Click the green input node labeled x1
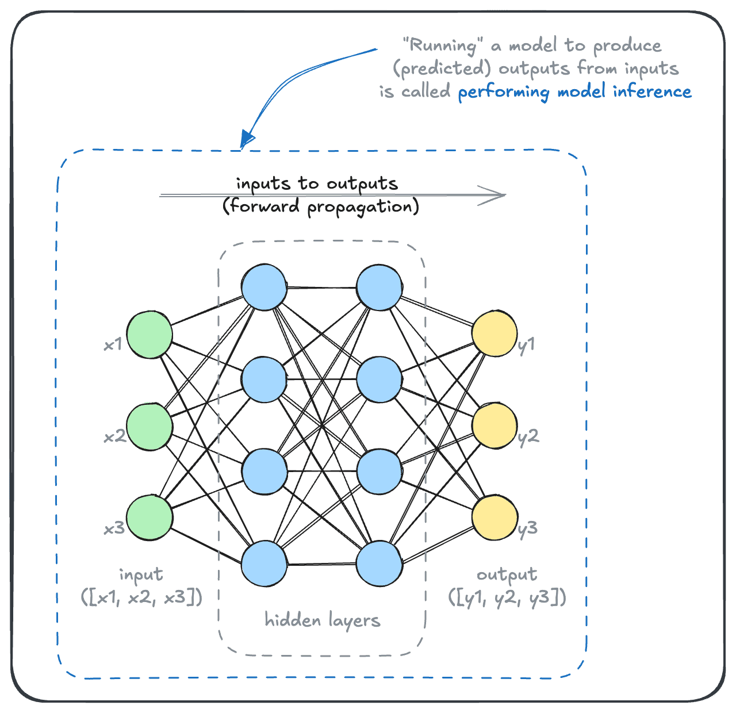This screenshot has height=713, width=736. (149, 335)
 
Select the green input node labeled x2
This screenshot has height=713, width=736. (149, 427)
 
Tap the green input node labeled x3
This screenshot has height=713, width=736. (149, 517)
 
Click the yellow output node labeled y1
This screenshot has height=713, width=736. (494, 333)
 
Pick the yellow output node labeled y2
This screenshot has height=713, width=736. (494, 425)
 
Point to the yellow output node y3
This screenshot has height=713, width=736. (494, 517)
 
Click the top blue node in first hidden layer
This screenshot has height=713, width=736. (264, 287)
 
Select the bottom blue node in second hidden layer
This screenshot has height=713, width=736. (379, 563)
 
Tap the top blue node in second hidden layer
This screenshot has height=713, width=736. (379, 287)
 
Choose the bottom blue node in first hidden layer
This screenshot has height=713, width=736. (264, 563)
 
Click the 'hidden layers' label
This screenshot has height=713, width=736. (322, 620)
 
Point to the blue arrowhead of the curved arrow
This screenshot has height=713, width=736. (247, 139)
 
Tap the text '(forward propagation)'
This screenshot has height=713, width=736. (321, 206)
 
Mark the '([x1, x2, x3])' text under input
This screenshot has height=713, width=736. (141, 598)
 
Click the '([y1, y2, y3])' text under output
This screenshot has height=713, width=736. (507, 598)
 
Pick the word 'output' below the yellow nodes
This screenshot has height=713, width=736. (507, 574)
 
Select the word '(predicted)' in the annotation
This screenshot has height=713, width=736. (442, 68)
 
